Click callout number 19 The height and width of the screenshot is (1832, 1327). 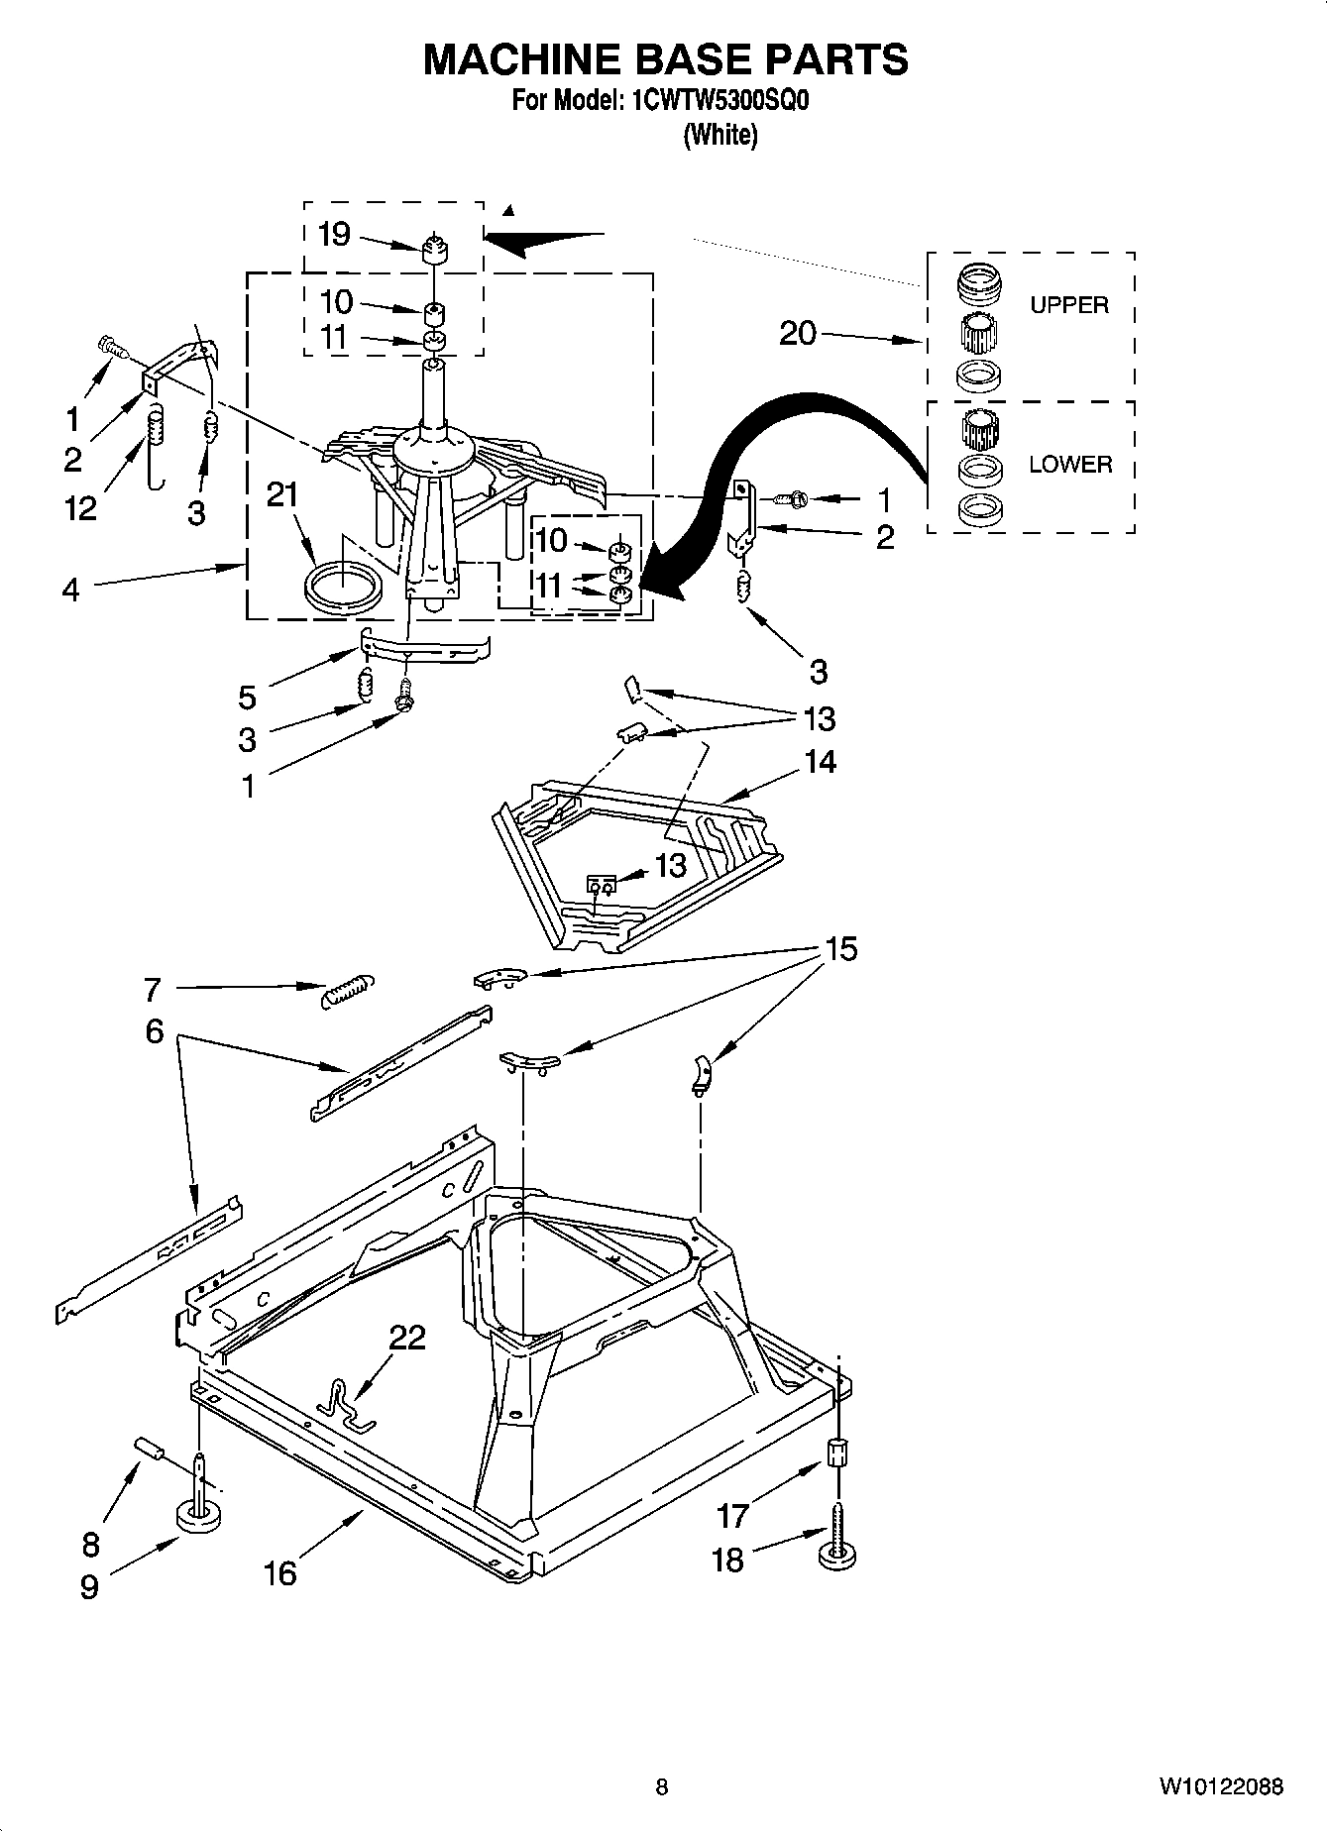334,235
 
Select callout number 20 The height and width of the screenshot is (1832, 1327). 797,334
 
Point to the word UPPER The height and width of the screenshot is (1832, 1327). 1068,305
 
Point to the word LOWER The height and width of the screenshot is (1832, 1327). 1069,464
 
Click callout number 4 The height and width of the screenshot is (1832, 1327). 70,590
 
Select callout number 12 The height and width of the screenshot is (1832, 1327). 80,508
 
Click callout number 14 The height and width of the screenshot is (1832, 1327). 820,761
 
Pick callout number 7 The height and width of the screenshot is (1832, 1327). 152,988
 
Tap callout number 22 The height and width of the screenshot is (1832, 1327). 406,1338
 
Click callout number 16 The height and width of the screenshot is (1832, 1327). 280,1572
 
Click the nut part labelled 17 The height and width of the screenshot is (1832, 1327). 837,1455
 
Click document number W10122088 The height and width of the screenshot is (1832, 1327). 1220,1786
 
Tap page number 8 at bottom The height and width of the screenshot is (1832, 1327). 662,1786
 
